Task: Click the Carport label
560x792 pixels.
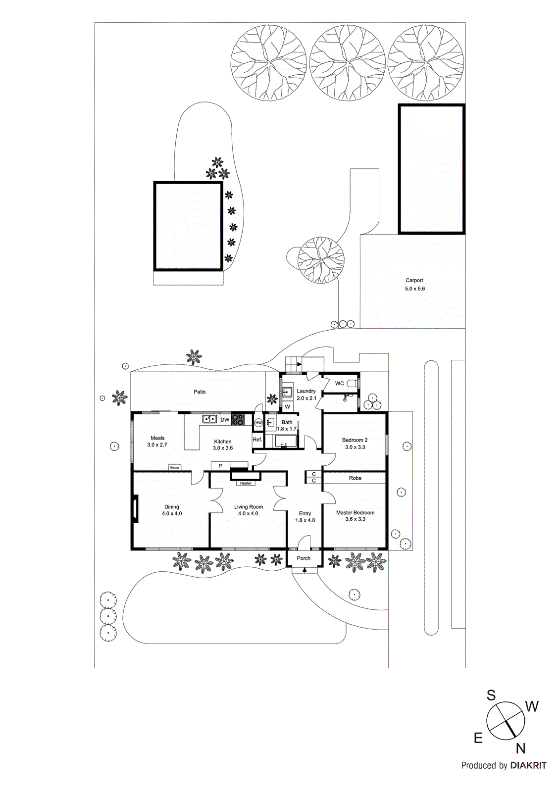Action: coord(414,280)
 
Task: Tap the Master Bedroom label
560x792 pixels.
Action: coord(355,513)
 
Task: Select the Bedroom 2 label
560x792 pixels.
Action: coord(355,440)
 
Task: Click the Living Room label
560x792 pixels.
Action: coord(249,507)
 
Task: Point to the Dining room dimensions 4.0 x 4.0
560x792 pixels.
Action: coord(172,514)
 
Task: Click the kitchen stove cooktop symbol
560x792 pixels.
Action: coord(238,420)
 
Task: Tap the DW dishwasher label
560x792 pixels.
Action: coord(225,420)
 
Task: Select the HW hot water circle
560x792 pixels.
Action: coord(258,423)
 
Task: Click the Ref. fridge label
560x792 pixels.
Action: coord(257,440)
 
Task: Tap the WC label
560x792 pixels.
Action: coord(340,383)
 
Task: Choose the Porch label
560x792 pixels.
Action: coord(304,558)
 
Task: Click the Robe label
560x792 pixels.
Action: coord(355,478)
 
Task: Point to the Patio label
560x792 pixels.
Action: coord(200,392)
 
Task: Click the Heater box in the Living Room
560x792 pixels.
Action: coord(246,483)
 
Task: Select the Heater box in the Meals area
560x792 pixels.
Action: coord(174,467)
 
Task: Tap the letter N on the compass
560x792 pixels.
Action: coord(520,748)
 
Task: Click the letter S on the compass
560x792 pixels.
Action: coord(491,695)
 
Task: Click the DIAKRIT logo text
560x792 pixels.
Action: coord(528,765)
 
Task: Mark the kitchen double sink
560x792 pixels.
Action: coord(209,419)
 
